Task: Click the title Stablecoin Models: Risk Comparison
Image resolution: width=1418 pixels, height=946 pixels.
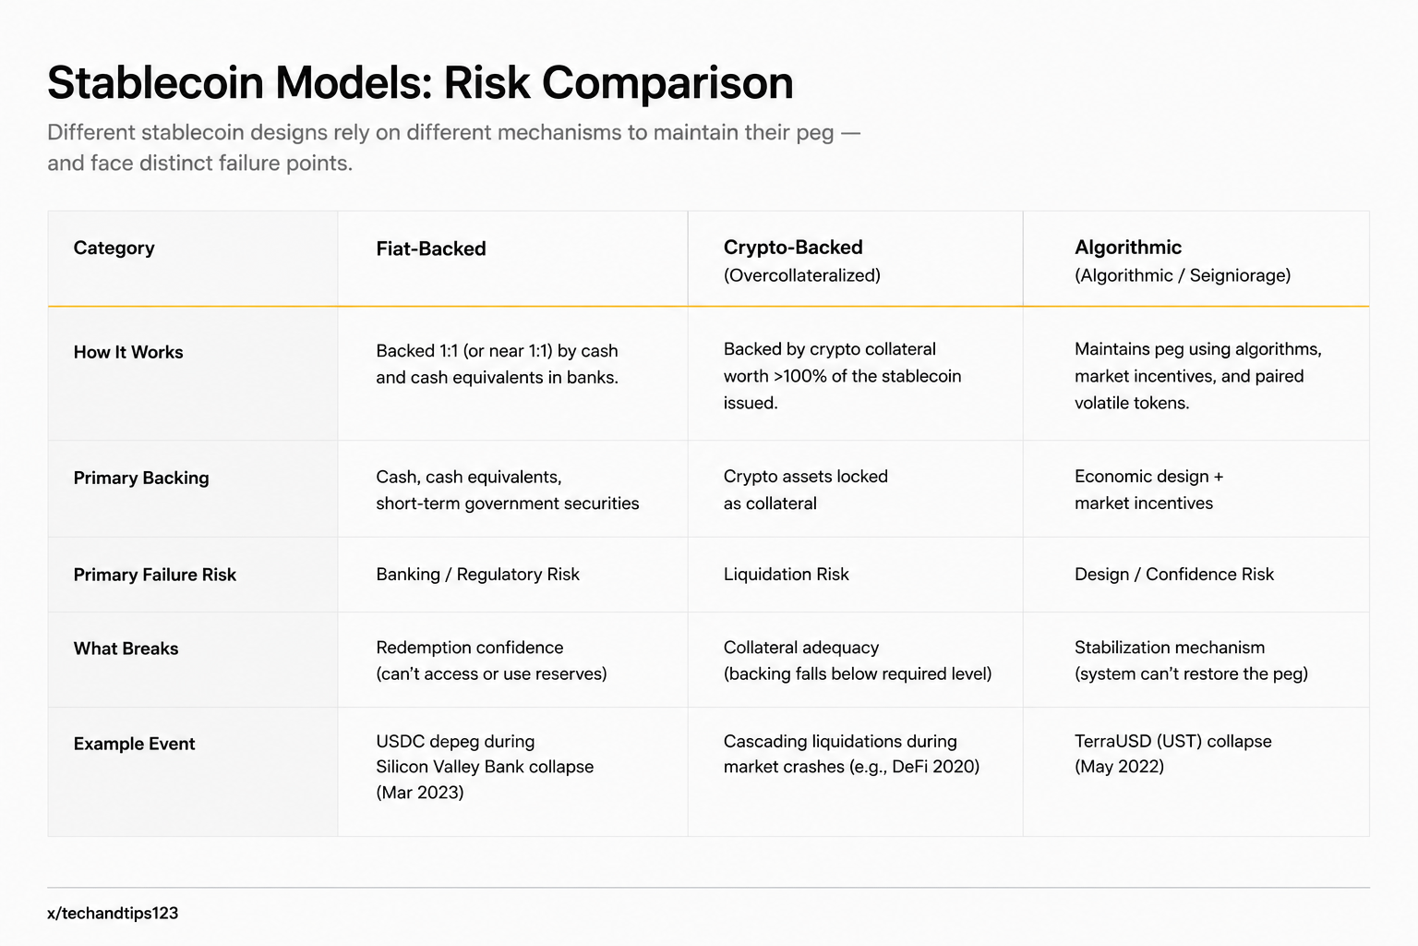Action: coord(420,82)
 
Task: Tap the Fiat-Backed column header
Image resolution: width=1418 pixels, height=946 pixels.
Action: coord(431,249)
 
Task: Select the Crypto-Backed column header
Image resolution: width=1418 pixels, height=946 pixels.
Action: coord(793,247)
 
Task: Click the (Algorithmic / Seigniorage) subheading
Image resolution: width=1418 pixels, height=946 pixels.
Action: coord(1183,275)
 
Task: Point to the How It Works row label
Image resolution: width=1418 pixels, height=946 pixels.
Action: coord(128,352)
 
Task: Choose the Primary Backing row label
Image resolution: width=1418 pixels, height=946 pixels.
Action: coord(141,478)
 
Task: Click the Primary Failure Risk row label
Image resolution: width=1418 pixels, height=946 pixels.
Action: coord(154,575)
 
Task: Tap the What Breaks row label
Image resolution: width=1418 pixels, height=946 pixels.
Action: coord(126,649)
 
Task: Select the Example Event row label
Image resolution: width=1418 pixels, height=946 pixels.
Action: coord(134,744)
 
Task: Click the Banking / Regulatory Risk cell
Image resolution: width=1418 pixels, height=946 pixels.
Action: coord(478,574)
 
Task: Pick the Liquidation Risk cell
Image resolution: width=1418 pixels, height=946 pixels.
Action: coord(787,574)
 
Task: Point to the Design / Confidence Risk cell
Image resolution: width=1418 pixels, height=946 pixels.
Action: coord(1174,574)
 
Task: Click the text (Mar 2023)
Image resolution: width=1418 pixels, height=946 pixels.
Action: coord(420,793)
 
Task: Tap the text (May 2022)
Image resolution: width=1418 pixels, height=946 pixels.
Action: coord(1119,767)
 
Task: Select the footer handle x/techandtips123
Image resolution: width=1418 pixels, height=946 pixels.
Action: coord(113,913)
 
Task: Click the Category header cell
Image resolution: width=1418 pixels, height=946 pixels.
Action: coord(114,248)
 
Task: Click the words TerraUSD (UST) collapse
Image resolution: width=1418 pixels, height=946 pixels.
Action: coord(1173,741)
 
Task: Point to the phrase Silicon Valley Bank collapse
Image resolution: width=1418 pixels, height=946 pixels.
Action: coord(485,767)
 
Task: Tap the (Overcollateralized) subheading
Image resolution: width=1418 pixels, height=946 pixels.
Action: coord(802,275)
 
